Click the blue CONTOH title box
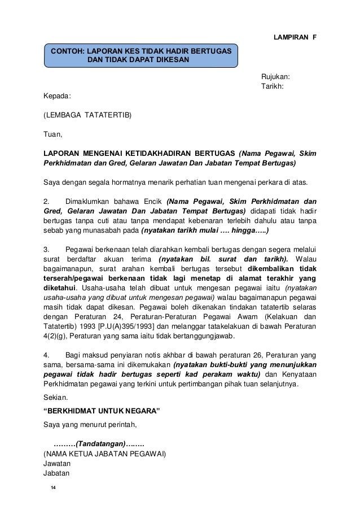tap(141, 55)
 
